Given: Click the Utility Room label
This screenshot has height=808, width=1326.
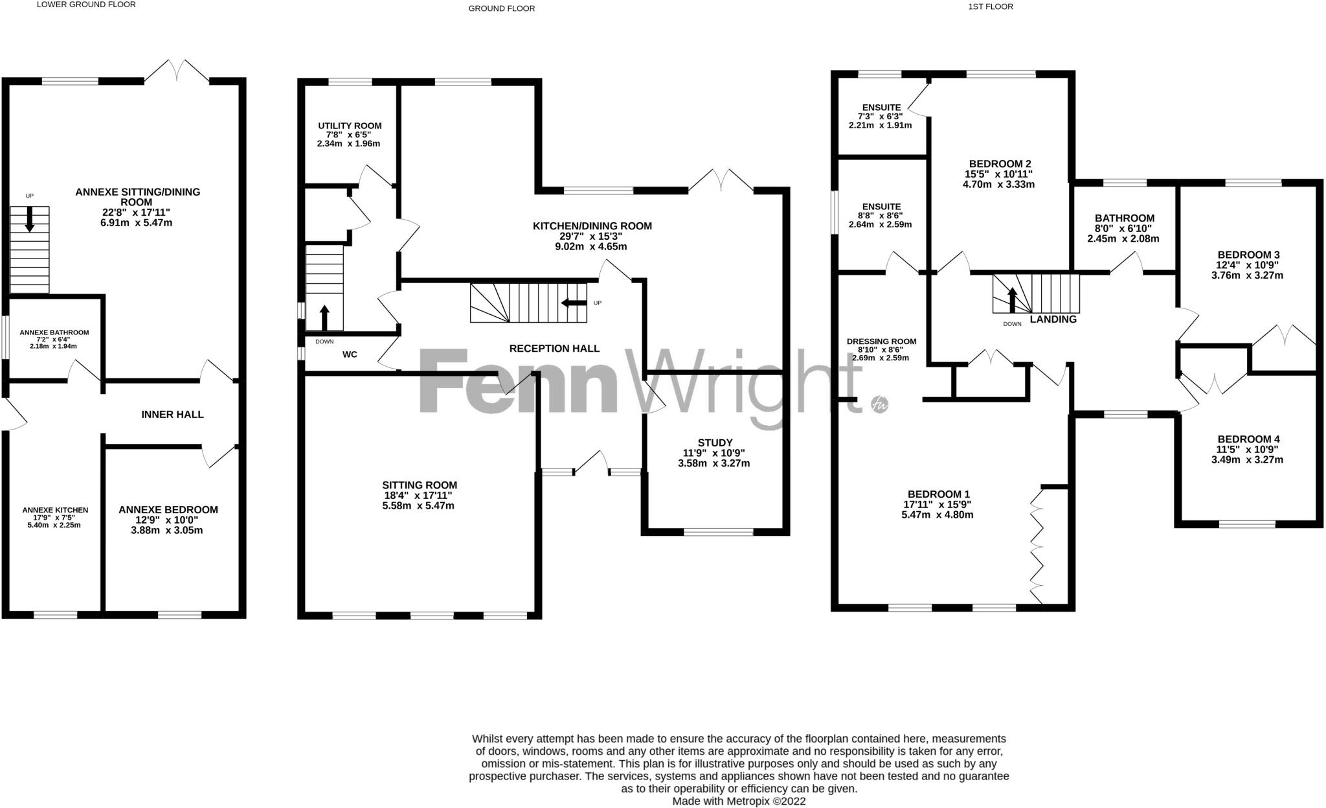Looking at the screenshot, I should pyautogui.click(x=350, y=126).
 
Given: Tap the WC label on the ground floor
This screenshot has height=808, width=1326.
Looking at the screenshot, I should pyautogui.click(x=350, y=354).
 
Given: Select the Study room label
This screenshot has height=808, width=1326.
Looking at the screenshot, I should pyautogui.click(x=716, y=443).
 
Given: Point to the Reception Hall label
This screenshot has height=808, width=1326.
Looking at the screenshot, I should pyautogui.click(x=554, y=349).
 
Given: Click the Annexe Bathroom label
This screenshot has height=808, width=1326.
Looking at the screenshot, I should pyautogui.click(x=54, y=332).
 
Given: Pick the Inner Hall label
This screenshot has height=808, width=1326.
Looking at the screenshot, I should pyautogui.click(x=172, y=414).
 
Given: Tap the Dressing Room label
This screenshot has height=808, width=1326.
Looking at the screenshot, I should pyautogui.click(x=881, y=341).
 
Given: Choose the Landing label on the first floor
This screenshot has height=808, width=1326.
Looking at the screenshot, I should pyautogui.click(x=1053, y=319).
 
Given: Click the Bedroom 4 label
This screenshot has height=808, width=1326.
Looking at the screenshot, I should pyautogui.click(x=1248, y=439).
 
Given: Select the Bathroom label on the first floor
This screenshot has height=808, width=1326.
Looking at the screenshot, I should pyautogui.click(x=1124, y=218).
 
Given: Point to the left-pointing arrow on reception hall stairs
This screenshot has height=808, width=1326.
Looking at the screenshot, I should pyautogui.click(x=573, y=303).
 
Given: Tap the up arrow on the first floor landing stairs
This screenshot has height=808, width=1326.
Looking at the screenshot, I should pyautogui.click(x=1011, y=299).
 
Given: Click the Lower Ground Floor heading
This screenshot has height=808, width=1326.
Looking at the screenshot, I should pyautogui.click(x=86, y=5).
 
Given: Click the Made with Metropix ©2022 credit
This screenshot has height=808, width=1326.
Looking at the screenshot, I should pyautogui.click(x=739, y=801).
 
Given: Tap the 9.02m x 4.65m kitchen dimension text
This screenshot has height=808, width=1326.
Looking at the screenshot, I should pyautogui.click(x=592, y=247).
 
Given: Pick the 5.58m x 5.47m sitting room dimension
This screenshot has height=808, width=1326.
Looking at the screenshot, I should pyautogui.click(x=418, y=505).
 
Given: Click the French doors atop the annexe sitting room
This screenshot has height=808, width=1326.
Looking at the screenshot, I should pyautogui.click(x=177, y=71).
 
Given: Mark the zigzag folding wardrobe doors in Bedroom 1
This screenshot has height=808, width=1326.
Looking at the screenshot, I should pyautogui.click(x=1037, y=548).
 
